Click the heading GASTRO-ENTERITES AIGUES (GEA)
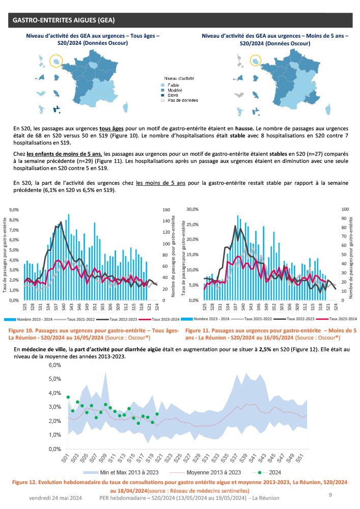click(63, 20)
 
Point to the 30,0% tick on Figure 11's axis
click(193, 209)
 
